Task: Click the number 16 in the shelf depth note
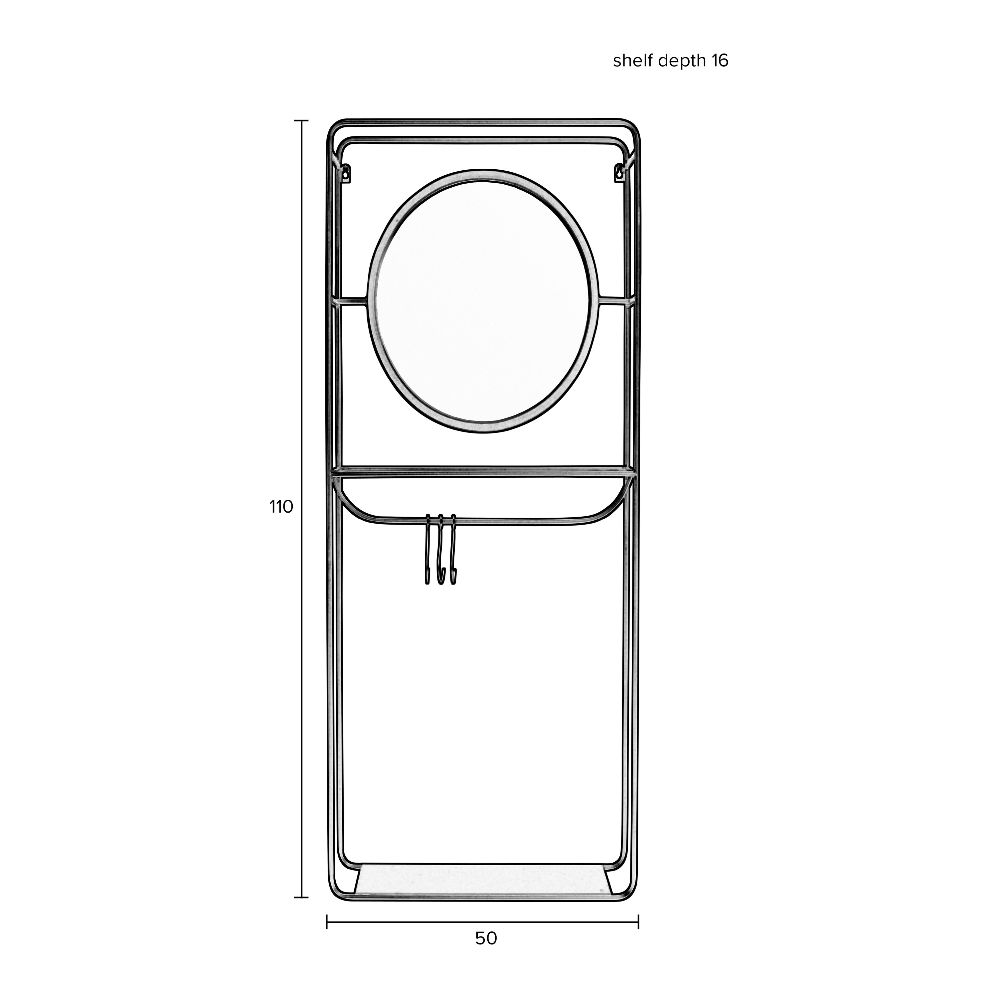click(720, 61)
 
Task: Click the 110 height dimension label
click(281, 507)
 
